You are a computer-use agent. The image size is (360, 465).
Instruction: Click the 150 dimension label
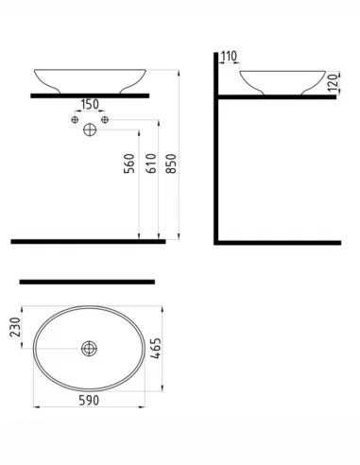[x=91, y=105]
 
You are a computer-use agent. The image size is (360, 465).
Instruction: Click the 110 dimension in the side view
[x=229, y=58]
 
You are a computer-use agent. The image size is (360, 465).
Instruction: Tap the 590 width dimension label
[x=92, y=402]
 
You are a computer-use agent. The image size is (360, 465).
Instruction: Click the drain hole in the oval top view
[x=91, y=350]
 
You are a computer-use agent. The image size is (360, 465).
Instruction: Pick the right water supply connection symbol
[x=105, y=119]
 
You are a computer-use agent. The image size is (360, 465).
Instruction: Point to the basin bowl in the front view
[x=91, y=77]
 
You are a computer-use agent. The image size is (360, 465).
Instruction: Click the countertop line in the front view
[x=91, y=95]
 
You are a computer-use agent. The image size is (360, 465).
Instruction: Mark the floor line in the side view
[x=279, y=243]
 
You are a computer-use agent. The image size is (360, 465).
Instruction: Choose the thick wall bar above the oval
[x=87, y=282]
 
